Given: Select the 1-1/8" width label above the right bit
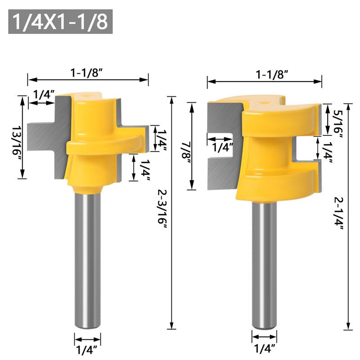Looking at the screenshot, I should pyautogui.click(x=272, y=74).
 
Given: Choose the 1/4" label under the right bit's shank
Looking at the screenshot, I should pyautogui.click(x=264, y=348).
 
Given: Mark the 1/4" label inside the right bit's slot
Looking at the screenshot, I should pyautogui.click(x=222, y=147).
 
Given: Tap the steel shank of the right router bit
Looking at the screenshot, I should pyautogui.click(x=264, y=265).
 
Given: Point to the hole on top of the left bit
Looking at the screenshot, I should pyautogui.click(x=87, y=95).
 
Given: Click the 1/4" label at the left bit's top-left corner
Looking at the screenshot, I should pyautogui.click(x=43, y=94).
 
